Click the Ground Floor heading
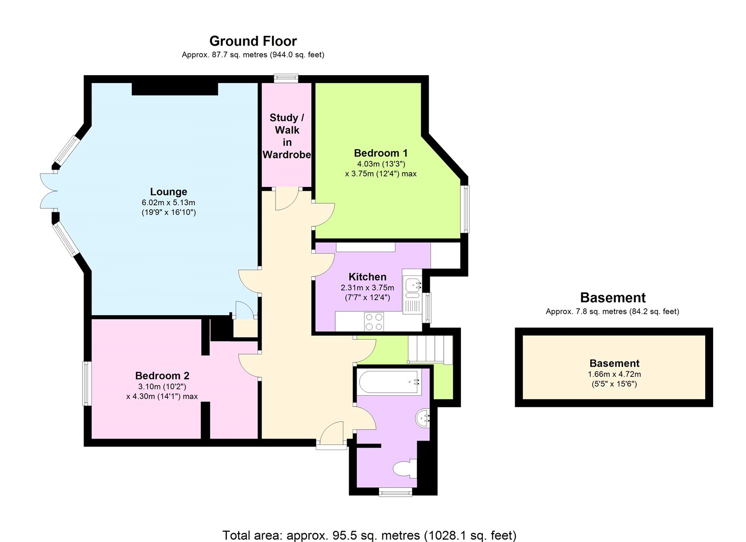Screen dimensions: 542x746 [253, 41]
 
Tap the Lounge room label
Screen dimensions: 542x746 [169, 192]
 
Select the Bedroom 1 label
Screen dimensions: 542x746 [380, 153]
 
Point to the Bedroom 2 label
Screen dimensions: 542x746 [162, 376]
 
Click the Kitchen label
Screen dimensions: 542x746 [367, 277]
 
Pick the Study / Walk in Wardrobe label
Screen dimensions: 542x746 [287, 136]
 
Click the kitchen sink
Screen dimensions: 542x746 [413, 285]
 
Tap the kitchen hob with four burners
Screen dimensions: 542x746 [374, 321]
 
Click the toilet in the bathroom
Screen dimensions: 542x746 [404, 468]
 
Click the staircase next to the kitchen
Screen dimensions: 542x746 [430, 350]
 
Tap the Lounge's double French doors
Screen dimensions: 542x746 [49, 191]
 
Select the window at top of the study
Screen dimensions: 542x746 [286, 78]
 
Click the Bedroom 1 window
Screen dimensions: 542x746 [465, 209]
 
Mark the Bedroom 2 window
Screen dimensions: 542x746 [87, 383]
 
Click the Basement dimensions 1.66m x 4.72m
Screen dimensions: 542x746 [614, 374]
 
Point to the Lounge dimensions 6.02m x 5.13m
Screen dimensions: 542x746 [169, 203]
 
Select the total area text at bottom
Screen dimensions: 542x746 [369, 535]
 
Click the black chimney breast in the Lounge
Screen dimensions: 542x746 [175, 89]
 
